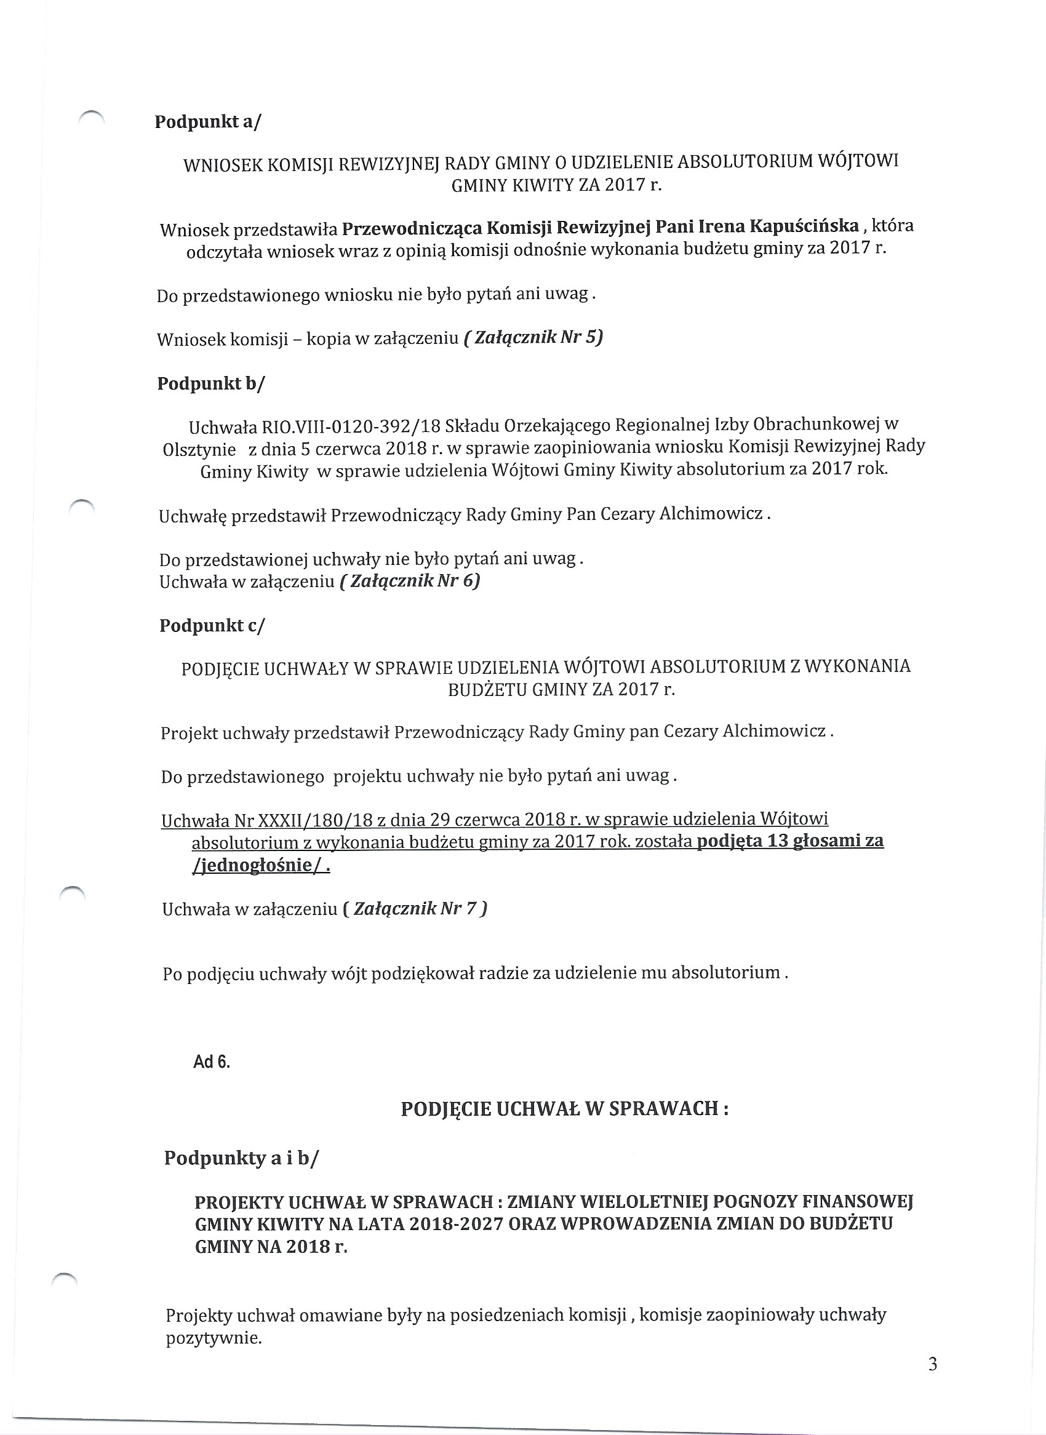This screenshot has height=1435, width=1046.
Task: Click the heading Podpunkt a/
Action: click(x=207, y=122)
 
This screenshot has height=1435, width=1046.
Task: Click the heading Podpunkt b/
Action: click(x=211, y=384)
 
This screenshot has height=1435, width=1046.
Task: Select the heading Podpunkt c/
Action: click(x=212, y=626)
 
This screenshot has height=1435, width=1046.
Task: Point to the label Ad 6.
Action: click(x=212, y=1062)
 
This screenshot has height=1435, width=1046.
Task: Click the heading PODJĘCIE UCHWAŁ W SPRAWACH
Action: click(x=564, y=1109)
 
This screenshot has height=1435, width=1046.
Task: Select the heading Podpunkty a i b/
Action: click(x=241, y=1158)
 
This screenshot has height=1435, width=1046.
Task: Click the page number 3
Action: click(x=933, y=1364)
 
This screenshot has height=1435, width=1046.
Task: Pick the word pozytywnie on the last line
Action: click(x=214, y=1339)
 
